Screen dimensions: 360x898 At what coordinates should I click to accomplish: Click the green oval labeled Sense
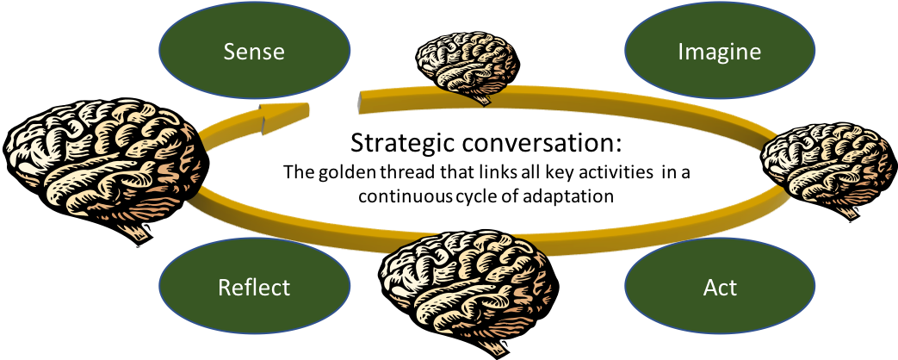[254, 52]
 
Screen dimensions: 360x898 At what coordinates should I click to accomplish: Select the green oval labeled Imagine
[719, 52]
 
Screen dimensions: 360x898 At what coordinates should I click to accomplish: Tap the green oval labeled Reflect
[254, 287]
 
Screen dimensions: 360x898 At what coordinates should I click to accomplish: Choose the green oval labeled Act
[719, 287]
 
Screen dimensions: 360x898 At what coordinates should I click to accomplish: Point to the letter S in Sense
[229, 52]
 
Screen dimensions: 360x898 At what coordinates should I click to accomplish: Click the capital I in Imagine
[681, 52]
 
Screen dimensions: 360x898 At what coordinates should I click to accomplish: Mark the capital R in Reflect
[224, 287]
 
